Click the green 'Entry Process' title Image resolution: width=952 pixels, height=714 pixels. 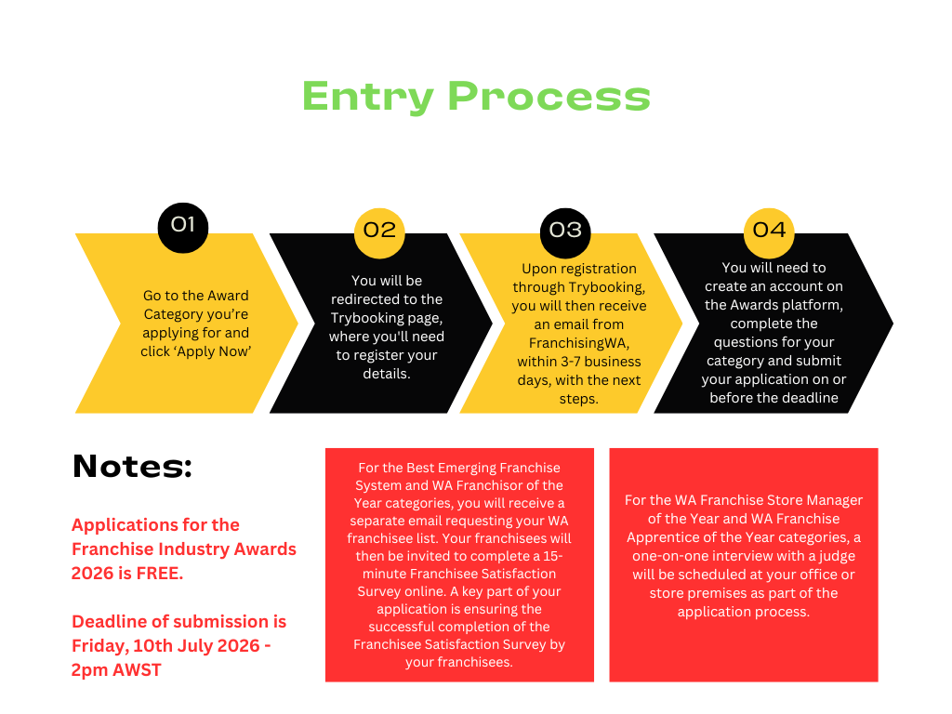475,97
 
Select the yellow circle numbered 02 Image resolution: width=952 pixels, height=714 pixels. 379,230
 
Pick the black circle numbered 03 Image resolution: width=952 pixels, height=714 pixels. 565,230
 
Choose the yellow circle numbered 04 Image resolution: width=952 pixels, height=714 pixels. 770,230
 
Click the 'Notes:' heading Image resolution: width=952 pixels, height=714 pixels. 132,466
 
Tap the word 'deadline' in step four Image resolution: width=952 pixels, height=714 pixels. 809,398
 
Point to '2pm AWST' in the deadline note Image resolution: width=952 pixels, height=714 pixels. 116,669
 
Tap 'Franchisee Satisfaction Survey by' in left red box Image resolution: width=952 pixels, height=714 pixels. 459,644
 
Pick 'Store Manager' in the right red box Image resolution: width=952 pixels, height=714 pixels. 817,500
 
